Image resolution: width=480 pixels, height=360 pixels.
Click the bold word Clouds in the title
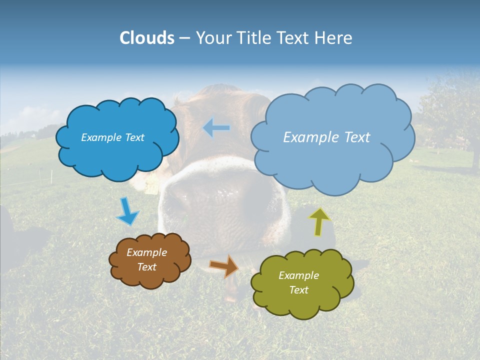(x=146, y=38)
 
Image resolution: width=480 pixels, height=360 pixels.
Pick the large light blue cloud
(x=332, y=160)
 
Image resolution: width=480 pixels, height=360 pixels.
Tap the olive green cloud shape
(x=302, y=300)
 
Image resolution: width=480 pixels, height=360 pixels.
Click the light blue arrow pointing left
(x=216, y=128)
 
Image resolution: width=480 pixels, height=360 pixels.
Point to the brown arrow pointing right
(x=224, y=266)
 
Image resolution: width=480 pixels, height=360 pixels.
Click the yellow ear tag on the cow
(x=149, y=185)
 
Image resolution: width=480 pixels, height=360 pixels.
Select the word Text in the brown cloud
(x=146, y=267)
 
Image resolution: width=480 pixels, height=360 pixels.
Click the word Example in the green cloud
(x=298, y=275)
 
